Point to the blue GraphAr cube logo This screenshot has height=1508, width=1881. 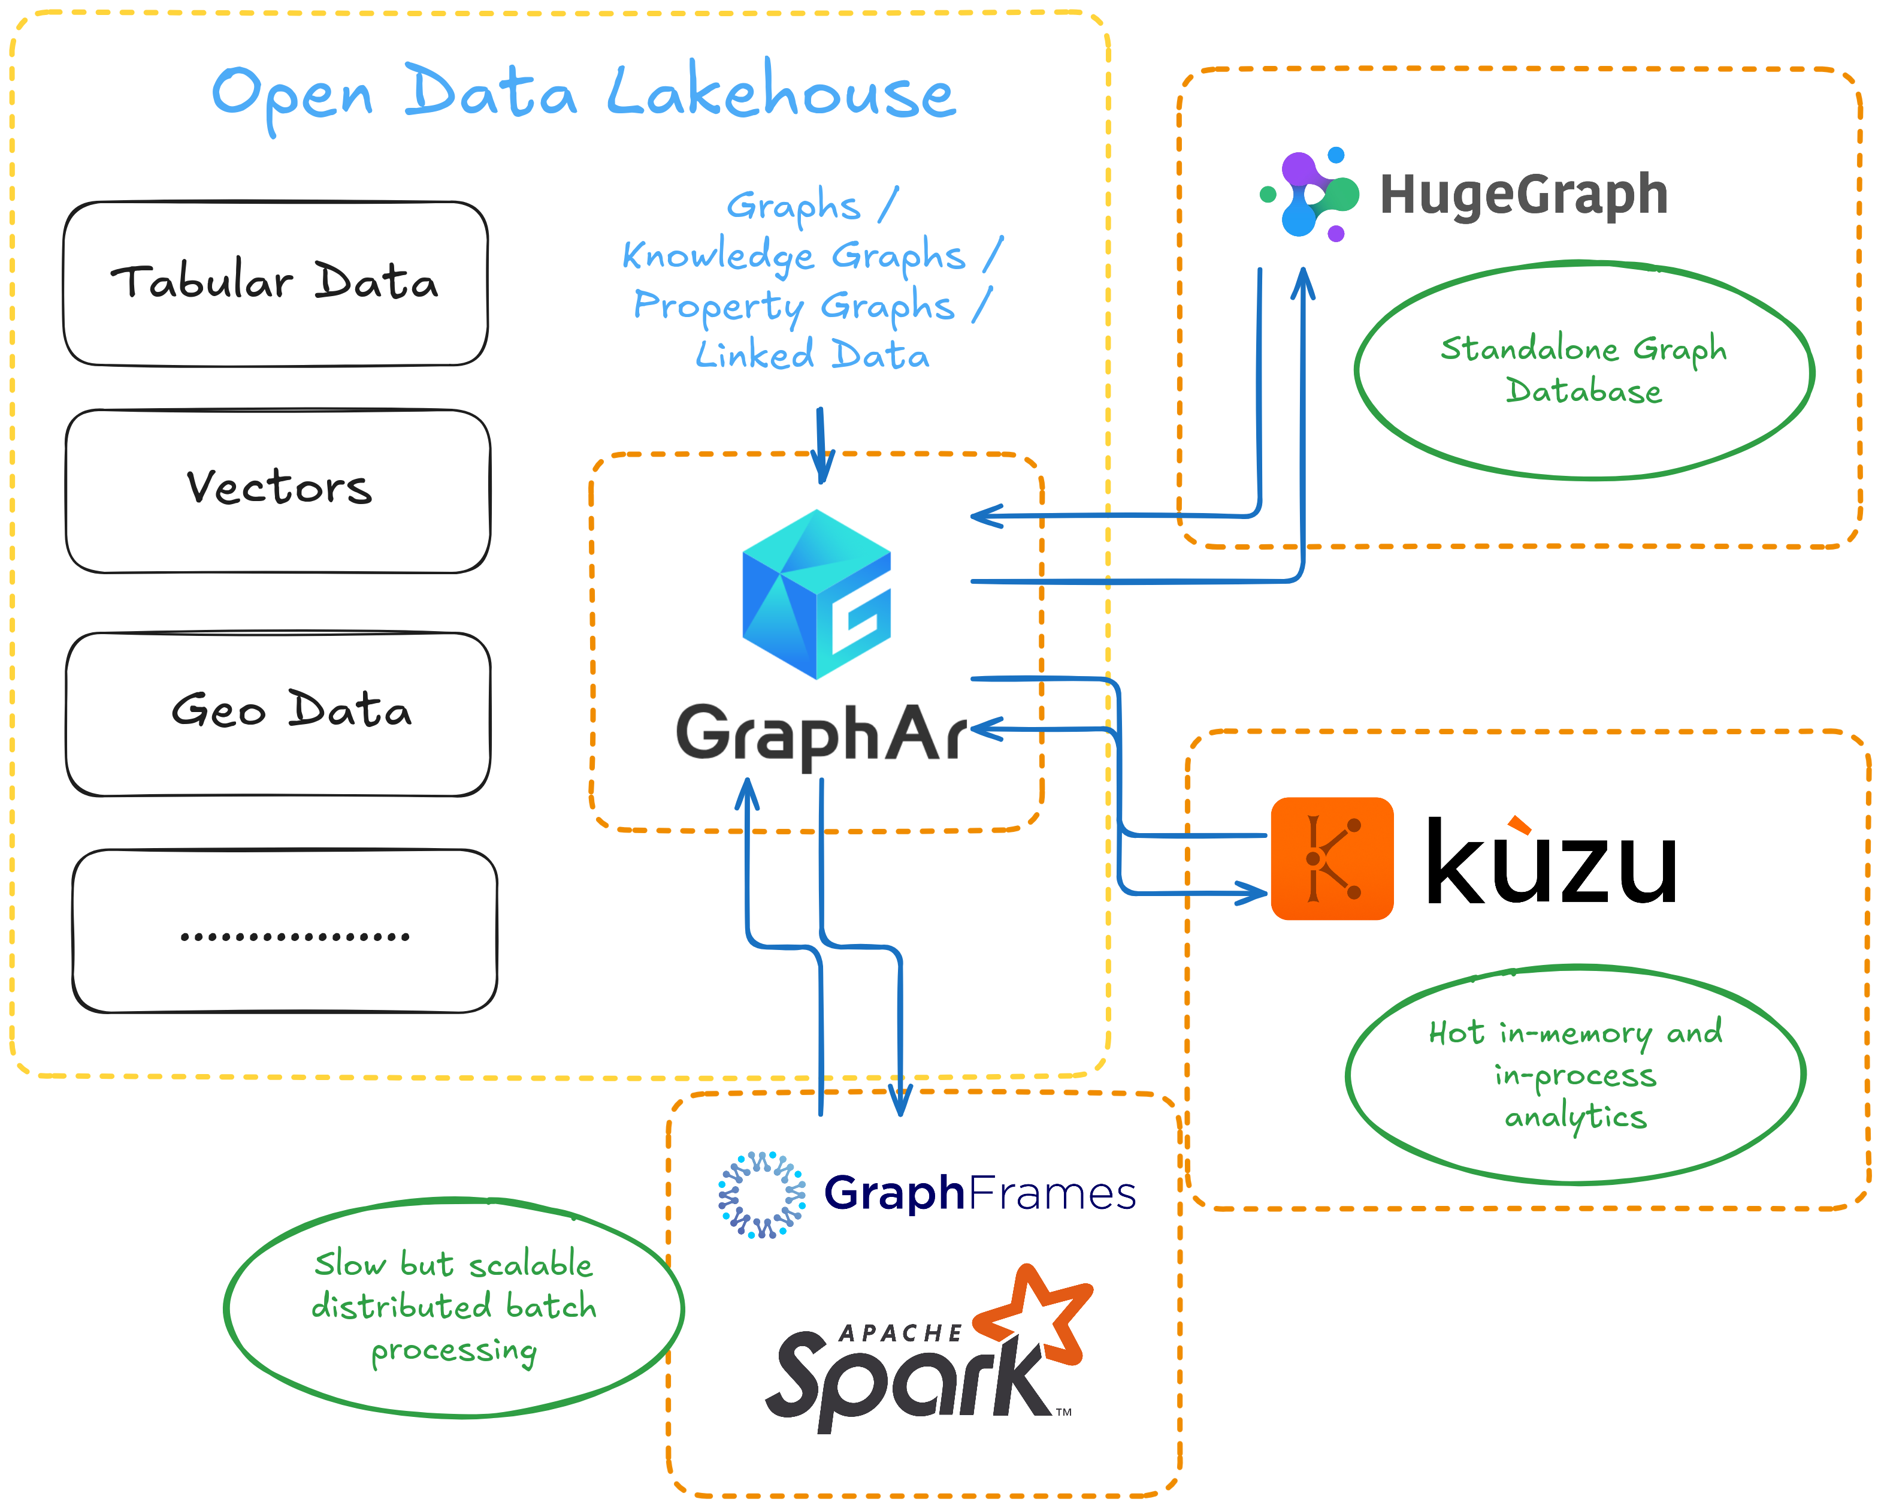pos(816,593)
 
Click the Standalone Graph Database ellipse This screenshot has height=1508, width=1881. pos(1583,370)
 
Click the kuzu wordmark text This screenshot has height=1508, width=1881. pos(1551,862)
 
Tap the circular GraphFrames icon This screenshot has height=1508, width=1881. pos(761,1194)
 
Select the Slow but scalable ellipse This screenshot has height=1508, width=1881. pos(453,1307)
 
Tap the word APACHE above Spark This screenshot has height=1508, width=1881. pos(900,1332)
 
